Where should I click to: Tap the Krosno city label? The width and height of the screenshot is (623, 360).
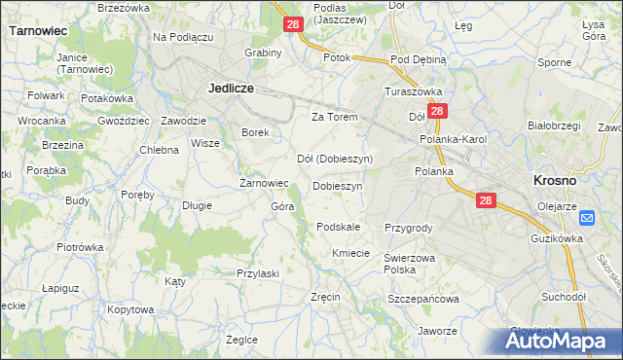[555, 180]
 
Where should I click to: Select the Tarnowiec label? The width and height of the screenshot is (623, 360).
[38, 30]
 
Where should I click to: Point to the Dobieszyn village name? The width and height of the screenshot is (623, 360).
[338, 185]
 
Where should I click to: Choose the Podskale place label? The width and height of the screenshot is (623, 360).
[339, 227]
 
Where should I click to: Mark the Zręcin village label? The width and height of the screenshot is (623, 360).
[324, 296]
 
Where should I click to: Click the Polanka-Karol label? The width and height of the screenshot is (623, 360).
[453, 139]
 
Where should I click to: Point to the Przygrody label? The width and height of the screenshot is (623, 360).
[408, 227]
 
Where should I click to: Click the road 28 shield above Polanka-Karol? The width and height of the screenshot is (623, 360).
[437, 113]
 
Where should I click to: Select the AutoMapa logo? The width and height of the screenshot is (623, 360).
[563, 341]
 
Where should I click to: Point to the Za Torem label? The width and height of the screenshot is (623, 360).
[335, 117]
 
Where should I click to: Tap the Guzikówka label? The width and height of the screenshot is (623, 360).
[557, 237]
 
